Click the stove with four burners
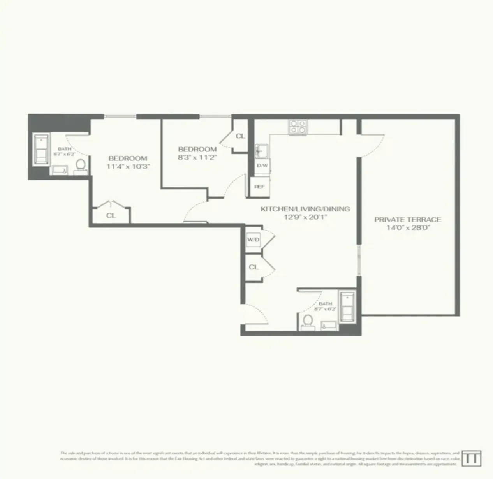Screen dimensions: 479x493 (298, 127)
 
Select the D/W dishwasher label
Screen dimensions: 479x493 (262, 166)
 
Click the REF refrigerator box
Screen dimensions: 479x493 (259, 187)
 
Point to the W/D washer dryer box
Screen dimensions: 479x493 (253, 239)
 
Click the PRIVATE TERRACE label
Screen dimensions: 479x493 (408, 219)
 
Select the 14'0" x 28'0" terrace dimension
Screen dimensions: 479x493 (408, 228)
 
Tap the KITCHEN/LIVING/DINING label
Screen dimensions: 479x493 (305, 209)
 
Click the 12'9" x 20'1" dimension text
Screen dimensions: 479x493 (305, 217)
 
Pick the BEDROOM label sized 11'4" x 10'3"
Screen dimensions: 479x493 (128, 158)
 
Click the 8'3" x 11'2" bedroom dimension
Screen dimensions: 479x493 (197, 157)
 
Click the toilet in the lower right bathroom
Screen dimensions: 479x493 (308, 322)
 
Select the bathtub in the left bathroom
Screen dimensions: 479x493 (41, 150)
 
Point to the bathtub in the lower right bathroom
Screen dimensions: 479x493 (347, 306)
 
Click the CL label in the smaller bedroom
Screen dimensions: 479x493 (240, 136)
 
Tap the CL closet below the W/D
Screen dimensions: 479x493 (254, 267)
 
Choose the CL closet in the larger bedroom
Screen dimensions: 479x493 (111, 215)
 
